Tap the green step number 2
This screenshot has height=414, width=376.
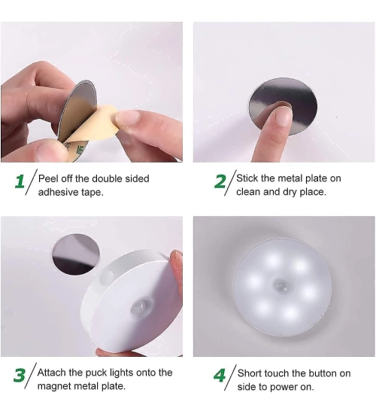[x=220, y=182]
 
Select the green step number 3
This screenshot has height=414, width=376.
[x=20, y=375]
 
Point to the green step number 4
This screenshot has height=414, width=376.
[x=220, y=376]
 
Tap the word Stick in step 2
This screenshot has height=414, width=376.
[x=249, y=178]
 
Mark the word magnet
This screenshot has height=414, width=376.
[x=55, y=386]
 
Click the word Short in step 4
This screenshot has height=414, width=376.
[x=251, y=373]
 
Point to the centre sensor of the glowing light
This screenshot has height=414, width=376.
[x=283, y=287]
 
